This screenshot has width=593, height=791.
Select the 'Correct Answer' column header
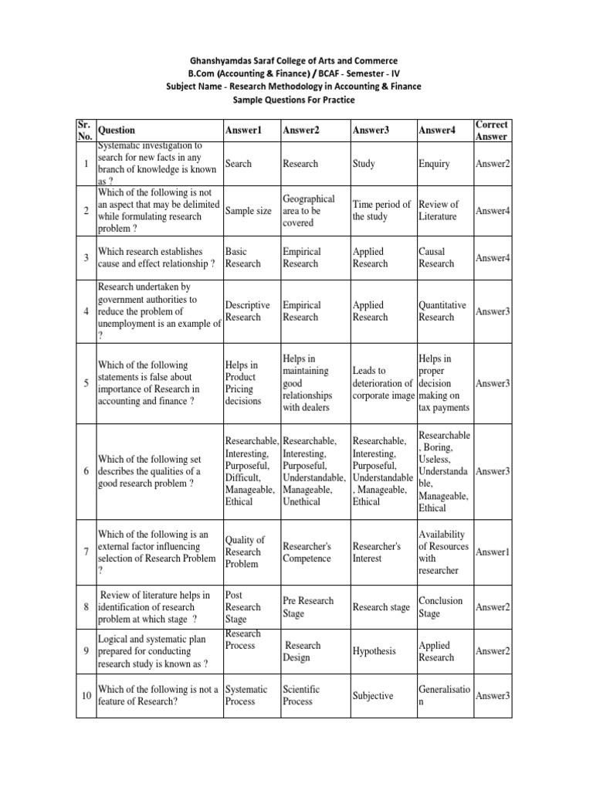pyautogui.click(x=492, y=131)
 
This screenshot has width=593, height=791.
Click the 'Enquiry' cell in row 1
pyautogui.click(x=434, y=164)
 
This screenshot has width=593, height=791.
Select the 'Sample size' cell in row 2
pyautogui.click(x=248, y=211)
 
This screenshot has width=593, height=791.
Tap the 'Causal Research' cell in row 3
pyautogui.click(x=437, y=257)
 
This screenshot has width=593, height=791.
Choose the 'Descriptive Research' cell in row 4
pyautogui.click(x=248, y=311)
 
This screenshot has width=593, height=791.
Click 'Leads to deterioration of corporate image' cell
pyautogui.click(x=383, y=383)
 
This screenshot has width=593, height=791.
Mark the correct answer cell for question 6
pyautogui.click(x=493, y=471)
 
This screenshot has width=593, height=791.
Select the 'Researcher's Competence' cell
pyautogui.click(x=307, y=552)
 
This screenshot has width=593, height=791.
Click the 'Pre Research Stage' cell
pyautogui.click(x=309, y=607)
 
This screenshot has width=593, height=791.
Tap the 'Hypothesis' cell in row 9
pyautogui.click(x=374, y=651)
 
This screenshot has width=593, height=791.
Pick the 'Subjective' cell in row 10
pyautogui.click(x=373, y=695)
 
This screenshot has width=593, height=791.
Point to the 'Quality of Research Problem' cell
pyautogui.click(x=245, y=552)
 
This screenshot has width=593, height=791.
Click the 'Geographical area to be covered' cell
pyautogui.click(x=309, y=211)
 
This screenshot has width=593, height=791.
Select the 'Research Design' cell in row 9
pyautogui.click(x=302, y=651)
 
